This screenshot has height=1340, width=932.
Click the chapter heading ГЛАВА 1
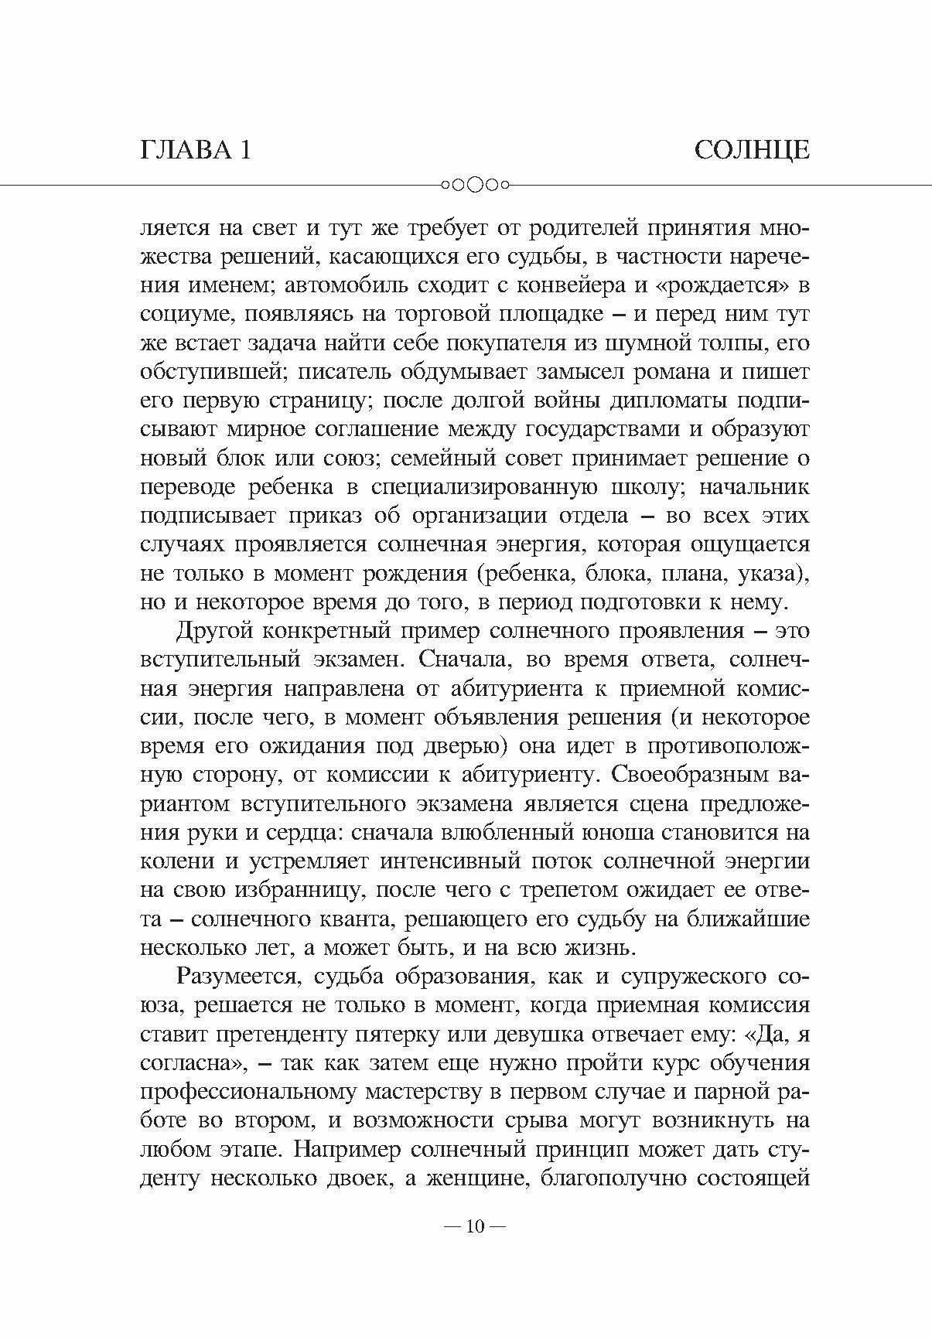[x=196, y=149]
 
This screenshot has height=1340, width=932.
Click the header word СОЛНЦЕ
[x=751, y=149]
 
